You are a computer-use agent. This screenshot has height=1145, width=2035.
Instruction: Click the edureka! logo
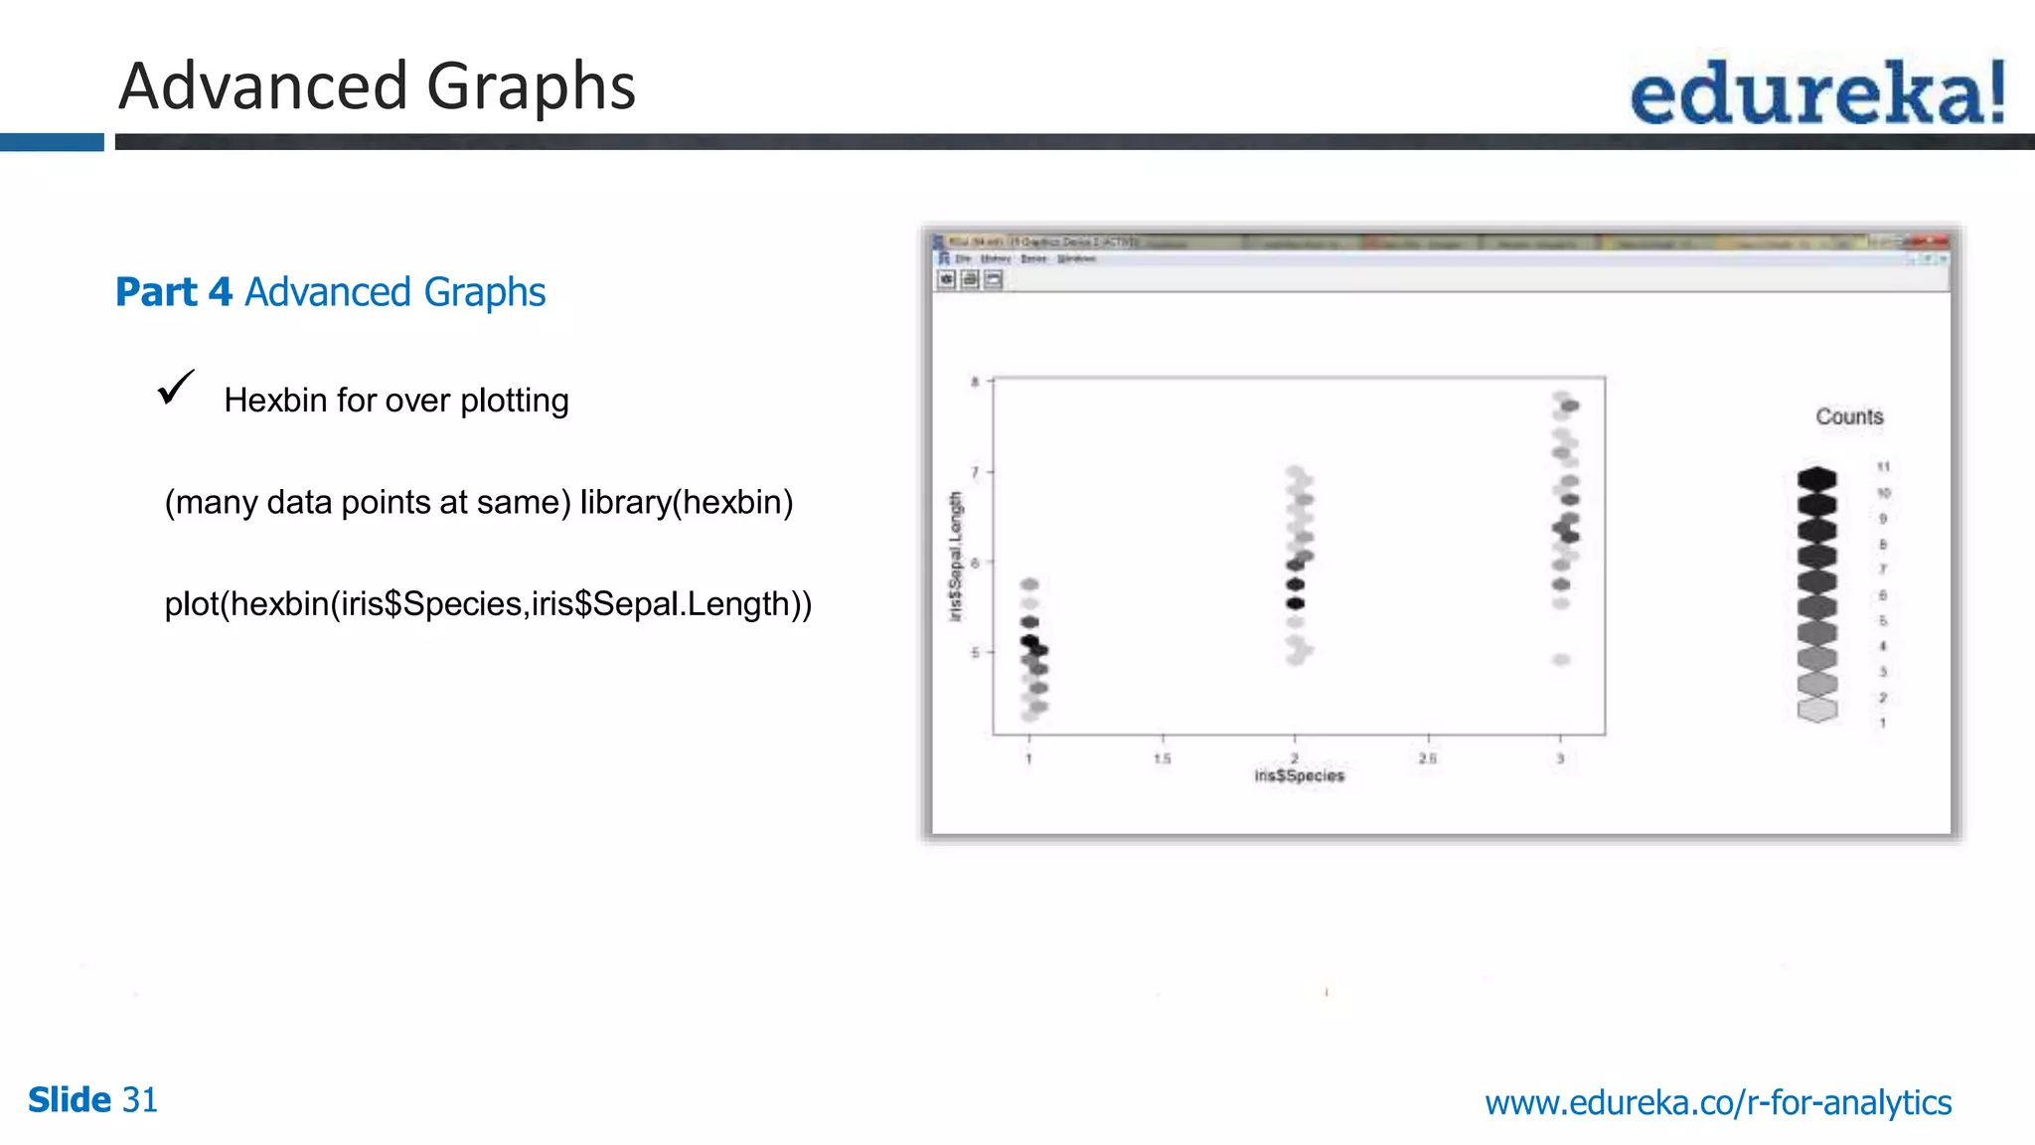click(x=1817, y=91)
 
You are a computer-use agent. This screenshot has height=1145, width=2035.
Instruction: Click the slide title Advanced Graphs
click(x=377, y=86)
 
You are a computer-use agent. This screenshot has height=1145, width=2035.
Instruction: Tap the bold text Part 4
click(x=174, y=292)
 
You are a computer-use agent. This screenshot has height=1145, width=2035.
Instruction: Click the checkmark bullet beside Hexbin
click(x=176, y=388)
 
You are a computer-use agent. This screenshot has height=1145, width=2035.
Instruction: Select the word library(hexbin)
click(x=687, y=502)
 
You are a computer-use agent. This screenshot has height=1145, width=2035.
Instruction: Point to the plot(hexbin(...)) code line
click(x=488, y=603)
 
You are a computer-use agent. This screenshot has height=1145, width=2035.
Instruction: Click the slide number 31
click(x=139, y=1100)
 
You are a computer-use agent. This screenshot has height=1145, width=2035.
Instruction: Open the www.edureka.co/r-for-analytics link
click(x=1718, y=1102)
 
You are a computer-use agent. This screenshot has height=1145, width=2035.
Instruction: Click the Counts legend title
click(x=1849, y=416)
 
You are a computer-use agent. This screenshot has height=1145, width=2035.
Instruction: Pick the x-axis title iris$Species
click(x=1299, y=775)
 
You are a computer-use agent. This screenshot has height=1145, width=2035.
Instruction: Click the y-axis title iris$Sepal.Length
click(x=956, y=557)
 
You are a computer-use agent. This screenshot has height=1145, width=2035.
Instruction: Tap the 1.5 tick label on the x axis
click(x=1163, y=758)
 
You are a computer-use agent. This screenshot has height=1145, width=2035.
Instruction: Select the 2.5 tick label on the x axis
click(x=1428, y=758)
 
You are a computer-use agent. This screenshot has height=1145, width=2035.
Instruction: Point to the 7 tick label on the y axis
click(x=975, y=472)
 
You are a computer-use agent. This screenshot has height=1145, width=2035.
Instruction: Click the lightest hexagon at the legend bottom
click(x=1817, y=710)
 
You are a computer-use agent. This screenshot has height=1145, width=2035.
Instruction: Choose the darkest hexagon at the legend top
click(x=1817, y=478)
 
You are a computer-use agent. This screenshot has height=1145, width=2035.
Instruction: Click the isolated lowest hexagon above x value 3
click(x=1561, y=660)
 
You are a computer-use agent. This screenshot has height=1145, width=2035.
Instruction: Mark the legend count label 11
click(x=1883, y=467)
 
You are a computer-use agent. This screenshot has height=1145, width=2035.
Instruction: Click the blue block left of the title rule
click(x=52, y=142)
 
